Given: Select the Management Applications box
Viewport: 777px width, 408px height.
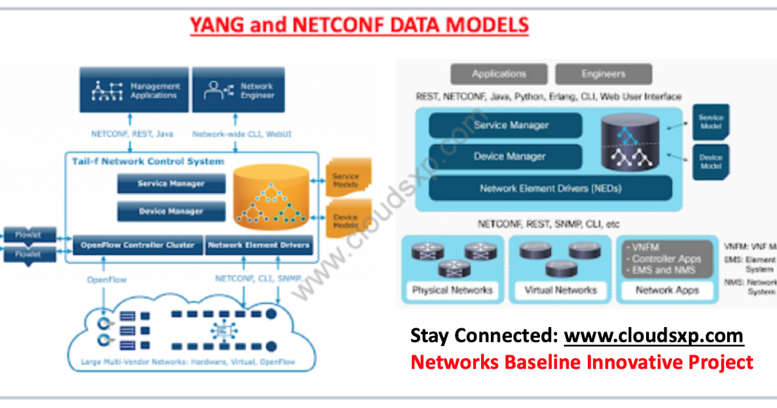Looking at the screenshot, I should (x=134, y=90).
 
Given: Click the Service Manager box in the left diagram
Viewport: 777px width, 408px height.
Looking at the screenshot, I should (x=171, y=184).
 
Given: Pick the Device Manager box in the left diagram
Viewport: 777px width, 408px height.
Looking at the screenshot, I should (x=171, y=211).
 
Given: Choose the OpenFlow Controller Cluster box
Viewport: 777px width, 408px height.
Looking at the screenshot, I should (x=137, y=245).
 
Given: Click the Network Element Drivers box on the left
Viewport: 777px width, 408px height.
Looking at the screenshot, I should (x=258, y=245).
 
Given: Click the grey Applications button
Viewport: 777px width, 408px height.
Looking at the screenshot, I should (x=499, y=74).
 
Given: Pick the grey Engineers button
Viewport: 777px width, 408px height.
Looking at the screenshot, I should (x=603, y=74).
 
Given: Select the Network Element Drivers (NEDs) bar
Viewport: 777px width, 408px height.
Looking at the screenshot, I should (x=550, y=188).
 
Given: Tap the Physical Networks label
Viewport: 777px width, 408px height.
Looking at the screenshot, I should (x=452, y=290).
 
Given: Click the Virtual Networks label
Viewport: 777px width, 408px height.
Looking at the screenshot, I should (x=560, y=290).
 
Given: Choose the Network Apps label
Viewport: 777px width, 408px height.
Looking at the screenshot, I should (x=667, y=290).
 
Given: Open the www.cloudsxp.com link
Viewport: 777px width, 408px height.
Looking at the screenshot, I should (x=653, y=336).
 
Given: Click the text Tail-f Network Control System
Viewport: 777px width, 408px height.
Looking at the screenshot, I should (x=148, y=161).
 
